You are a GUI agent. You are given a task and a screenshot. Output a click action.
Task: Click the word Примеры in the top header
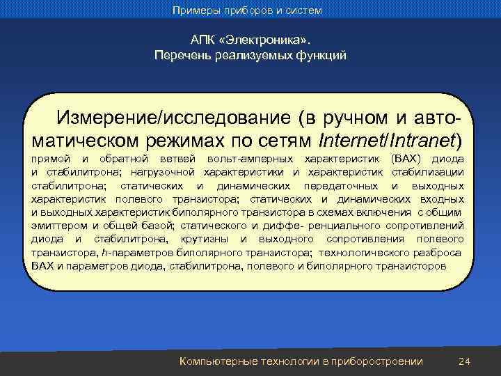[x=197, y=10]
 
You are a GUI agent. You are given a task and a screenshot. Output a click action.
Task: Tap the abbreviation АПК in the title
[x=202, y=40]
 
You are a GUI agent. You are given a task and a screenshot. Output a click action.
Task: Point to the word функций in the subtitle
[x=321, y=55]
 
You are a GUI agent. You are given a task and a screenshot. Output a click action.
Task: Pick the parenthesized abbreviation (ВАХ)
[x=408, y=159]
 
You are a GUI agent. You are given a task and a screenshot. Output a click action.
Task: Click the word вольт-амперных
[x=249, y=159]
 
